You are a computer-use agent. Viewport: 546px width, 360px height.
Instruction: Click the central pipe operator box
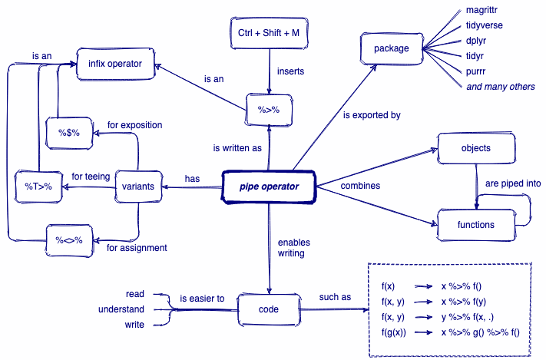(x=269, y=187)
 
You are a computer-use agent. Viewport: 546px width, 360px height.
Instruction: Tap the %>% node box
(x=266, y=110)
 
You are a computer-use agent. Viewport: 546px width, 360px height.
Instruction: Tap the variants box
(x=139, y=187)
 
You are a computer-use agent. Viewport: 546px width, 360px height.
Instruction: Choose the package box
(x=391, y=49)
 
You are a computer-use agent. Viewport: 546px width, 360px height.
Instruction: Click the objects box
(x=475, y=147)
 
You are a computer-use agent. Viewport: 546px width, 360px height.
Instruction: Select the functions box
(x=476, y=225)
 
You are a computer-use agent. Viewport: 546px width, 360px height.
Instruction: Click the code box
(x=268, y=309)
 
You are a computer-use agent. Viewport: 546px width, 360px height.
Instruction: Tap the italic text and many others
(x=501, y=87)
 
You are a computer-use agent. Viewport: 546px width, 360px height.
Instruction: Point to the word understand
(x=121, y=309)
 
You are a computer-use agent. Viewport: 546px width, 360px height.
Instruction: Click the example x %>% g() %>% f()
(x=480, y=332)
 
